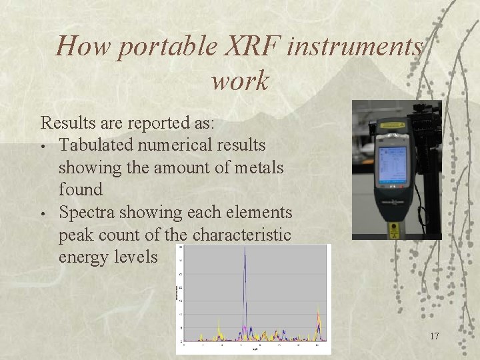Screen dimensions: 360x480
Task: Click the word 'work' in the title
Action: click(x=240, y=81)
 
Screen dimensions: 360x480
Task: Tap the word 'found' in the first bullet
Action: click(x=81, y=190)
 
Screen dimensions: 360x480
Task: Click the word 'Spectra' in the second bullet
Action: click(x=85, y=213)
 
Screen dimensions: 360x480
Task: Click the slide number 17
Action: click(x=434, y=336)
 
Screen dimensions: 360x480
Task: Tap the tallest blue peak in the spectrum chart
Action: click(x=245, y=253)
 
